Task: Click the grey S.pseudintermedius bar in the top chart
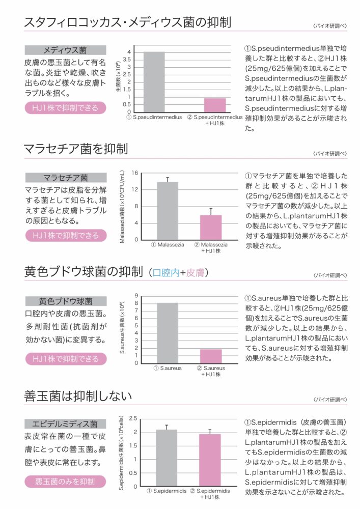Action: (154, 82)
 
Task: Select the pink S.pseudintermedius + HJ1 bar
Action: (215, 105)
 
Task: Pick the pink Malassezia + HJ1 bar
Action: (210, 228)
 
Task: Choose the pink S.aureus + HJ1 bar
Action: (210, 356)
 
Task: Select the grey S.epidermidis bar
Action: (167, 458)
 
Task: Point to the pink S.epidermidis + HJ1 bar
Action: (209, 460)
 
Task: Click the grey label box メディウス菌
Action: (65, 50)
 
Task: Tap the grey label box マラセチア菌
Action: (65, 178)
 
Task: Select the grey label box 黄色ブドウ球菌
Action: (65, 301)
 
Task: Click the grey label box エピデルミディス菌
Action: (65, 423)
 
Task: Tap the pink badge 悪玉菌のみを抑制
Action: (65, 481)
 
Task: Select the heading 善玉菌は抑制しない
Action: (78, 395)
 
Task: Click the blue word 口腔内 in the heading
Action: (166, 273)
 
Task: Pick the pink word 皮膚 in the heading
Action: (195, 273)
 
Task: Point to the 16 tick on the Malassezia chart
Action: (135, 173)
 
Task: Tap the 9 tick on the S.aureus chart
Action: (136, 295)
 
